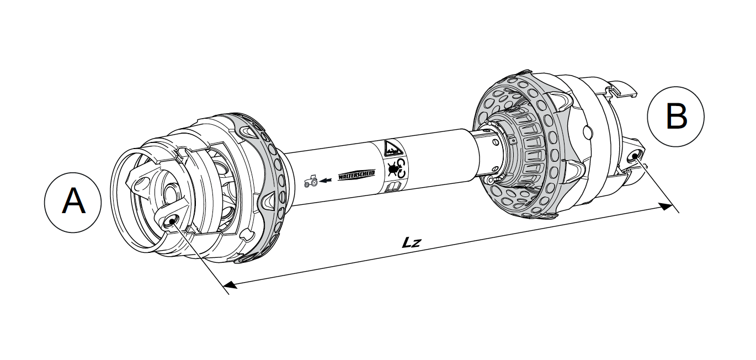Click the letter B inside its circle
[x=675, y=117]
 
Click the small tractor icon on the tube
[x=311, y=181]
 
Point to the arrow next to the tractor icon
[x=327, y=179]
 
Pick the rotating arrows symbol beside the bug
[x=402, y=168]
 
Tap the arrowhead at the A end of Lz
[x=230, y=285]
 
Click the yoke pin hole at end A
[x=171, y=221]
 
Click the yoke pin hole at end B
[x=635, y=156]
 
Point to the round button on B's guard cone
[x=587, y=131]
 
